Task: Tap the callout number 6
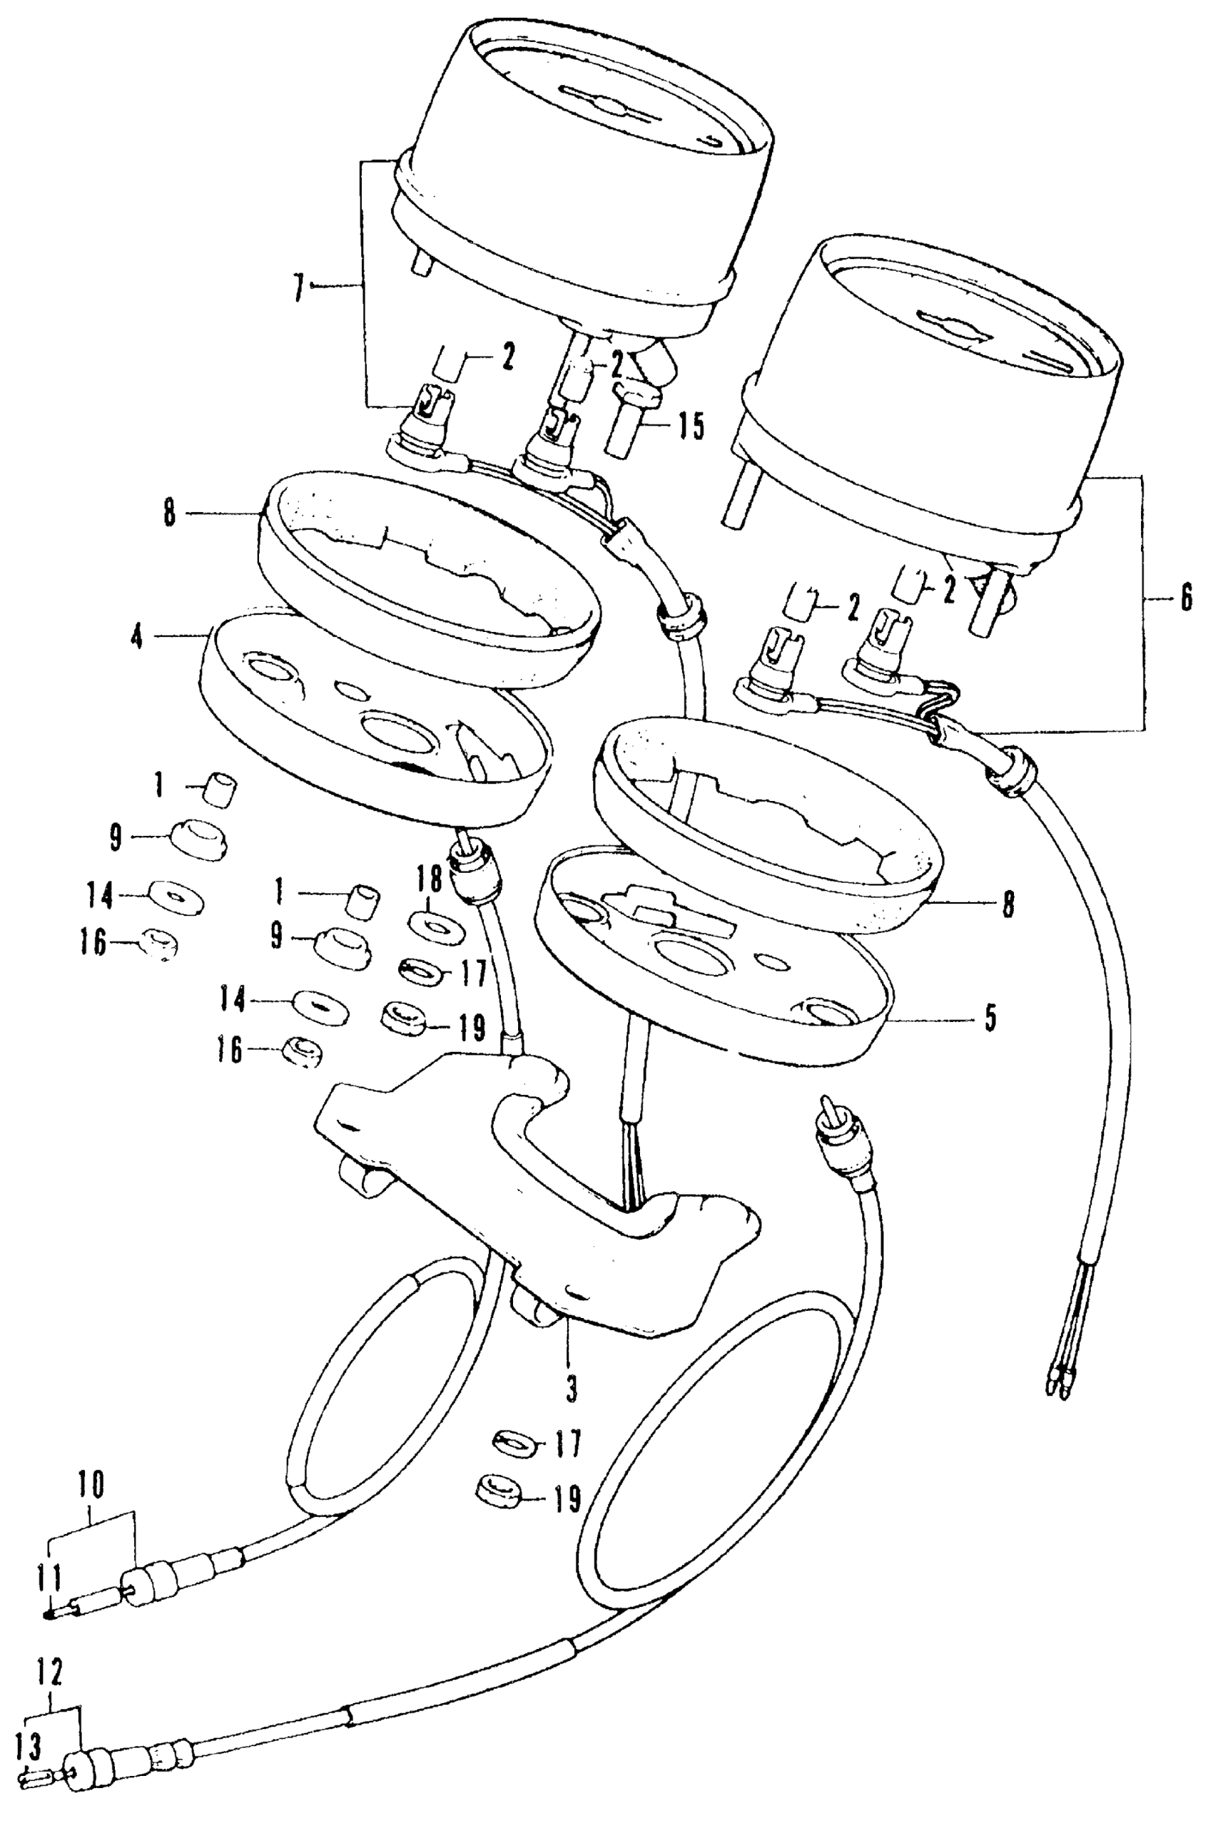pos(1185,600)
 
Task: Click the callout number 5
pos(990,1018)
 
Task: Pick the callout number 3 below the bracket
pos(571,1390)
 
